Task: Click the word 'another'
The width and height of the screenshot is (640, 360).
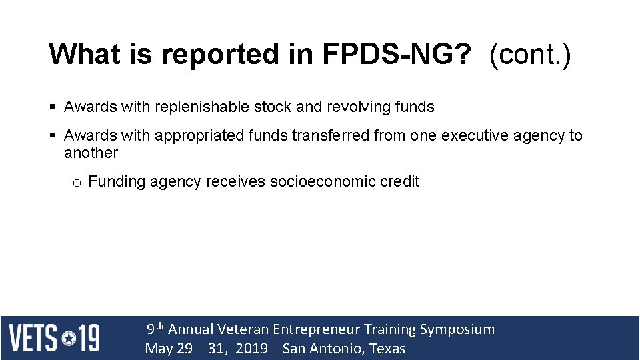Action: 91,153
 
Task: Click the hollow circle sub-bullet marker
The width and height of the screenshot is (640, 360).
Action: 77,183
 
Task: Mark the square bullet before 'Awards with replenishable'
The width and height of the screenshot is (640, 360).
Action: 53,107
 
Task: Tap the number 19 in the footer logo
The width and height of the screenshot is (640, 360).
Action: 89,338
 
